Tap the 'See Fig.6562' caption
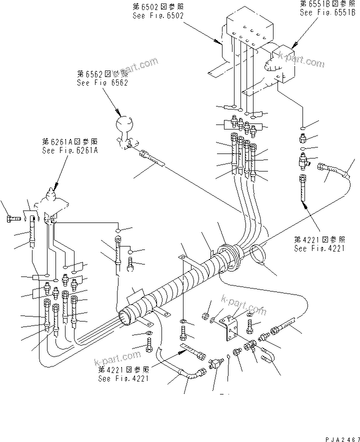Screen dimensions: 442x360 pyautogui.click(x=102, y=82)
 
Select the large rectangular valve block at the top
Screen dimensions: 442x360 pyautogui.click(x=250, y=30)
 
